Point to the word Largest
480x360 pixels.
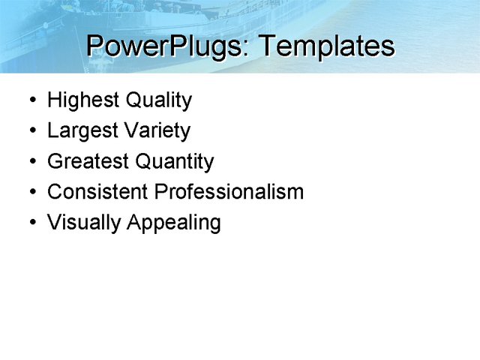coord(81,131)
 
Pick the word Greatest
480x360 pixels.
coord(88,161)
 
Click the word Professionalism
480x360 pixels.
coord(229,192)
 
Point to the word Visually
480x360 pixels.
coord(84,223)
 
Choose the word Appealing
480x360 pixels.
coord(174,223)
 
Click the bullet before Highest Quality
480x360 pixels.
coord(31,100)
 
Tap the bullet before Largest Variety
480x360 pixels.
coord(31,131)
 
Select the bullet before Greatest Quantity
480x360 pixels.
coord(31,162)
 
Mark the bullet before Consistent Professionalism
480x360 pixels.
coord(31,193)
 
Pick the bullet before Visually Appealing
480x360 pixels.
coord(31,223)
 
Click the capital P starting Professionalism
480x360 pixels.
coord(160,192)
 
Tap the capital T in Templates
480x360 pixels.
coord(266,46)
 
